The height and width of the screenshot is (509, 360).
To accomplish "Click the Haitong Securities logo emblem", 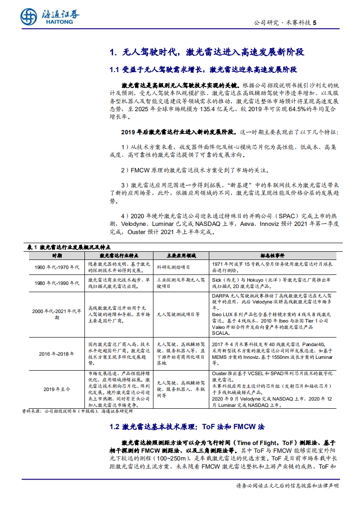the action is [x=29, y=17].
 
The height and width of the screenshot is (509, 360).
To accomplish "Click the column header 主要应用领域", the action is [x=181, y=255].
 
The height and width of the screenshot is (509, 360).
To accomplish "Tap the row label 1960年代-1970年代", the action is [x=56, y=267].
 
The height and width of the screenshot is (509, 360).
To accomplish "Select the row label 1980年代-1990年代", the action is [x=56, y=283].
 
